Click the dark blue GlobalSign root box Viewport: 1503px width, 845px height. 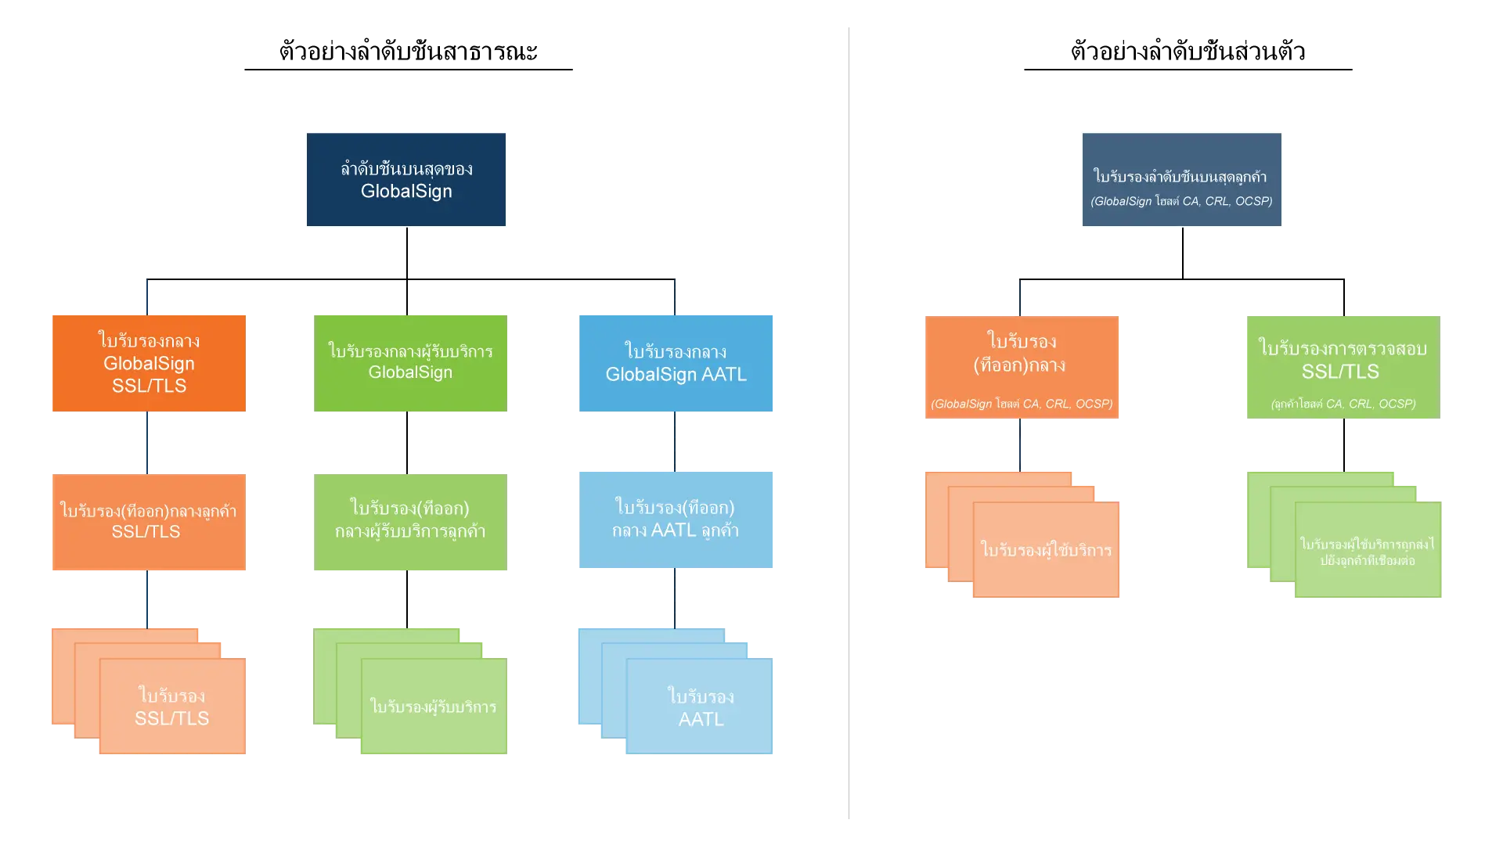pos(405,180)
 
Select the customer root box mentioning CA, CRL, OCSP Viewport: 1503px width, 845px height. pos(1180,181)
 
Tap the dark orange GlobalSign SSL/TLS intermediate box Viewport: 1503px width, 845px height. pos(150,363)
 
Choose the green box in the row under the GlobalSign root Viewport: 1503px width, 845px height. pos(409,362)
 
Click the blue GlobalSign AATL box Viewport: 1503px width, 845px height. pos(676,363)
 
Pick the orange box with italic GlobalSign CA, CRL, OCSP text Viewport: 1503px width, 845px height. pos(1021,366)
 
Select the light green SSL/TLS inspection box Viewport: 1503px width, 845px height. pos(1343,366)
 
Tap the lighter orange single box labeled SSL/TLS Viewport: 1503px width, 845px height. pos(149,522)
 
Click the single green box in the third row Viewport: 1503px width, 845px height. pos(409,522)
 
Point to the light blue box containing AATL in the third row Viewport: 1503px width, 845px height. pos(676,520)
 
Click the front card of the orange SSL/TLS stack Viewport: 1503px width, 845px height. pos(172,707)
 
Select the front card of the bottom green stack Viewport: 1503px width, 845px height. pos(433,707)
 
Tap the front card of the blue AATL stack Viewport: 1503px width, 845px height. pos(700,707)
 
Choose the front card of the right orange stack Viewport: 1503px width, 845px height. pos(1046,551)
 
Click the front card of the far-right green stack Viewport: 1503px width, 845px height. pos(1368,551)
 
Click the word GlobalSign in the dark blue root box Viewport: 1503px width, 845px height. pos(406,192)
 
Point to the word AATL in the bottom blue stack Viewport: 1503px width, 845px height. pos(701,720)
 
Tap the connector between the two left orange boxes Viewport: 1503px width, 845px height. pos(146,441)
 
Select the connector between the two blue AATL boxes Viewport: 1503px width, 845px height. pos(674,441)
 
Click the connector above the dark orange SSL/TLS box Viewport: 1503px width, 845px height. pos(146,297)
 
